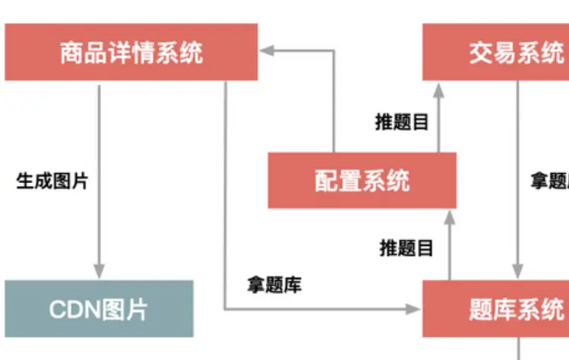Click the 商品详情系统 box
coord(131,52)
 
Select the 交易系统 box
coord(495,52)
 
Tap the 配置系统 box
coord(362,180)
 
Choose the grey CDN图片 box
coord(99,308)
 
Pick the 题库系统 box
coord(495,308)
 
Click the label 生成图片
coord(52,182)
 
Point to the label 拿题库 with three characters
coord(274,285)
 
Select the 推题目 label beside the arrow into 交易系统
coord(402,122)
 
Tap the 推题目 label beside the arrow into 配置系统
coord(406,248)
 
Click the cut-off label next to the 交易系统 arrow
coord(549,182)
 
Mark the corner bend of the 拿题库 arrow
coord(226,308)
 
